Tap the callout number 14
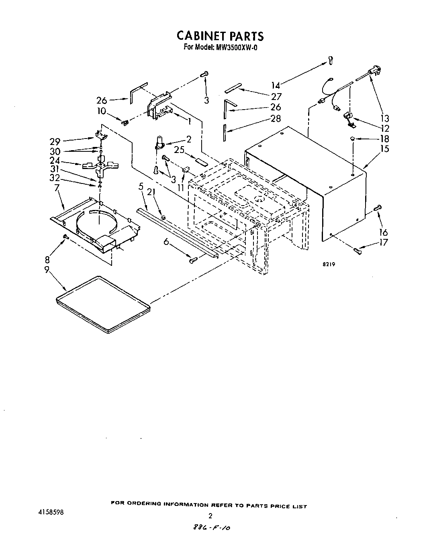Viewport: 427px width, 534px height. click(275, 85)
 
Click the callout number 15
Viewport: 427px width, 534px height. click(384, 149)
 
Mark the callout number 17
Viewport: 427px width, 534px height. click(384, 243)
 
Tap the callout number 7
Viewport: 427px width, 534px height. click(57, 188)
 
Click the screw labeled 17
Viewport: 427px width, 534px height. click(357, 251)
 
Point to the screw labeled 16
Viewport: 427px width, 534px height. click(378, 208)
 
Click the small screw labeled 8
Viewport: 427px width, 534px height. click(66, 237)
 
